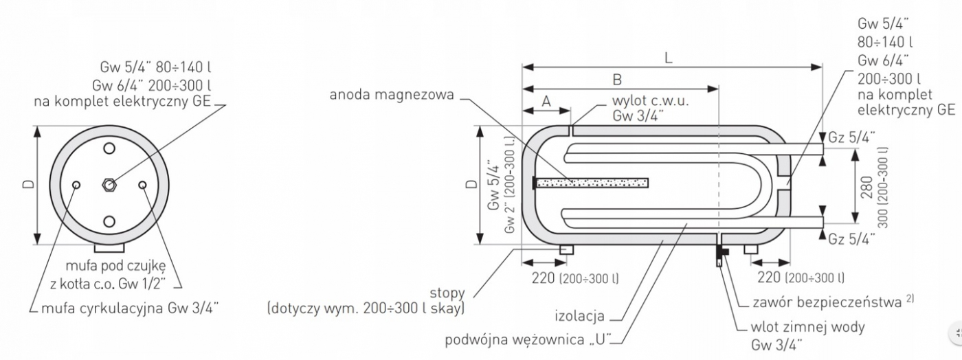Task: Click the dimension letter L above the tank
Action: pos(669,59)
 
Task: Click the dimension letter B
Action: pos(617,80)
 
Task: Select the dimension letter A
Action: pos(546,101)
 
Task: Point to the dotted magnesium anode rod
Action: pos(592,182)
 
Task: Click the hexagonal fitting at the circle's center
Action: pos(109,183)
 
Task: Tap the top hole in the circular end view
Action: pos(109,148)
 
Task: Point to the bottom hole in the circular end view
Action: pos(109,221)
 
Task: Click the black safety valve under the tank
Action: pos(719,255)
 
